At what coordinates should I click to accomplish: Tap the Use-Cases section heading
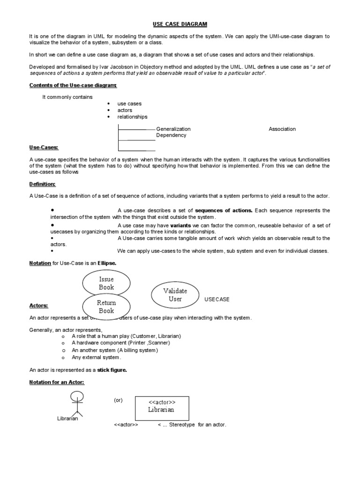click(44, 148)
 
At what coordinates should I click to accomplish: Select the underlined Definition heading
click(42, 184)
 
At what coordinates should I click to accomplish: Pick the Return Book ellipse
click(106, 307)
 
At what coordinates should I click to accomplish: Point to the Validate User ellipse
click(175, 295)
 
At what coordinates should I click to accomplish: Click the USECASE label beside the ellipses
click(217, 299)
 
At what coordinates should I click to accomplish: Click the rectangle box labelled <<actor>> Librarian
click(162, 408)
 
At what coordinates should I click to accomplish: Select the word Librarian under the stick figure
click(67, 419)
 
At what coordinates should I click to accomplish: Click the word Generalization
click(173, 129)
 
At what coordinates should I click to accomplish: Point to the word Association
click(282, 129)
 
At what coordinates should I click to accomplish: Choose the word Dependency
click(171, 135)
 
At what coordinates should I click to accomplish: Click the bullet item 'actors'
click(125, 110)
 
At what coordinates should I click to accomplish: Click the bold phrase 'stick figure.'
click(112, 370)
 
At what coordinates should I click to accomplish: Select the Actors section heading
click(39, 306)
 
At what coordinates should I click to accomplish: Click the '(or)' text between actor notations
click(118, 400)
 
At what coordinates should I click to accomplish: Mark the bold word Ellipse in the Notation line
click(106, 263)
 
